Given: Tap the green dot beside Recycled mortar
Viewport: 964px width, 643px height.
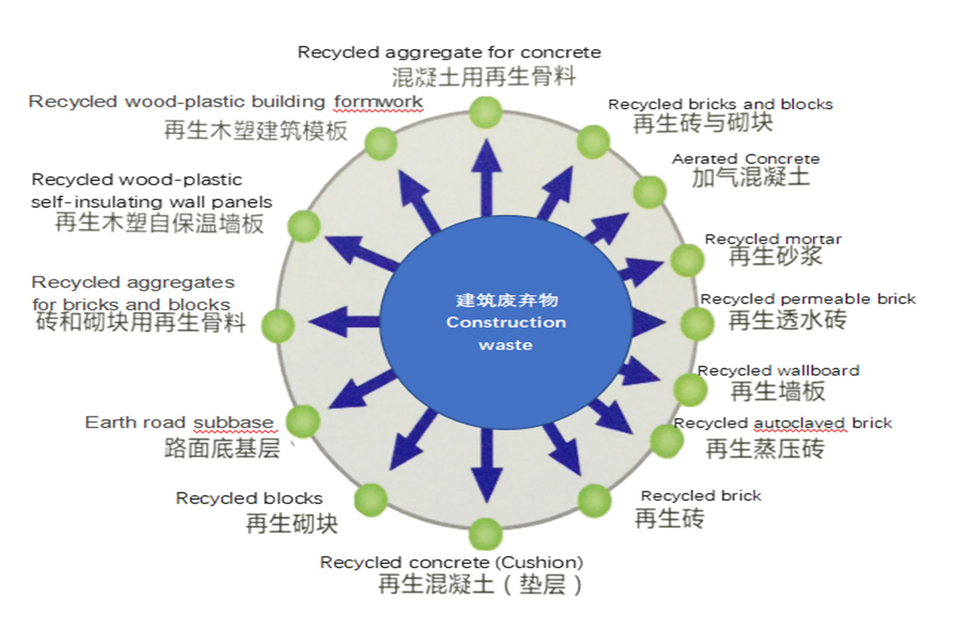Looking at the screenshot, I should tap(687, 260).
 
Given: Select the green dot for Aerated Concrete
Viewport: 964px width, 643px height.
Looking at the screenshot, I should tap(650, 192).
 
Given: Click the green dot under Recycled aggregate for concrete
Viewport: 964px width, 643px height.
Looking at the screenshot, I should tap(485, 112).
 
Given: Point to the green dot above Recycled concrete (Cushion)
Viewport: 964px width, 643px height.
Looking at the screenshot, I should tap(485, 534).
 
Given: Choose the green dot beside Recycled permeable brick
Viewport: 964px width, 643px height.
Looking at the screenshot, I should tap(696, 323).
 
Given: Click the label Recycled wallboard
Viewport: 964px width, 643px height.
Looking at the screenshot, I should tap(778, 371).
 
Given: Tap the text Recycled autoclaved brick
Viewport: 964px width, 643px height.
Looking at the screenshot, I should tap(782, 423).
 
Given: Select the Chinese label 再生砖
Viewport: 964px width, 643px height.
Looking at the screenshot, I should tap(669, 518).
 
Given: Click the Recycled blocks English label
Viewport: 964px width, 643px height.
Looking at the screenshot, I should tap(249, 498).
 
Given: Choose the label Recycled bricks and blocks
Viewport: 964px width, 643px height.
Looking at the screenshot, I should tap(720, 104).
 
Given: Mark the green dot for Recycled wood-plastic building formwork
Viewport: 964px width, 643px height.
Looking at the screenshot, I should tap(381, 143).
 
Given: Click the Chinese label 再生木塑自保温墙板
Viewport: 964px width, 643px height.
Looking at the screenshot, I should tap(159, 223).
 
